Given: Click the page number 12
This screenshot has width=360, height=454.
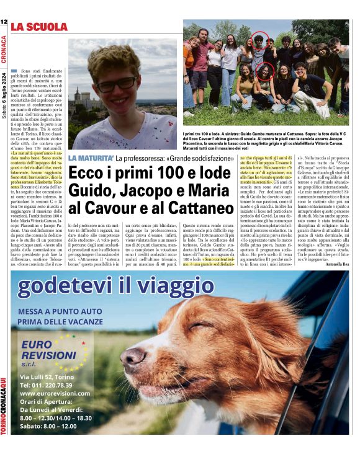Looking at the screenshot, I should click(x=4, y=23).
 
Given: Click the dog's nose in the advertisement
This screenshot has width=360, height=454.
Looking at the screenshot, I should click(x=132, y=357).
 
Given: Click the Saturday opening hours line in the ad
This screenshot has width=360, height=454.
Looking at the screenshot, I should click(x=48, y=425).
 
